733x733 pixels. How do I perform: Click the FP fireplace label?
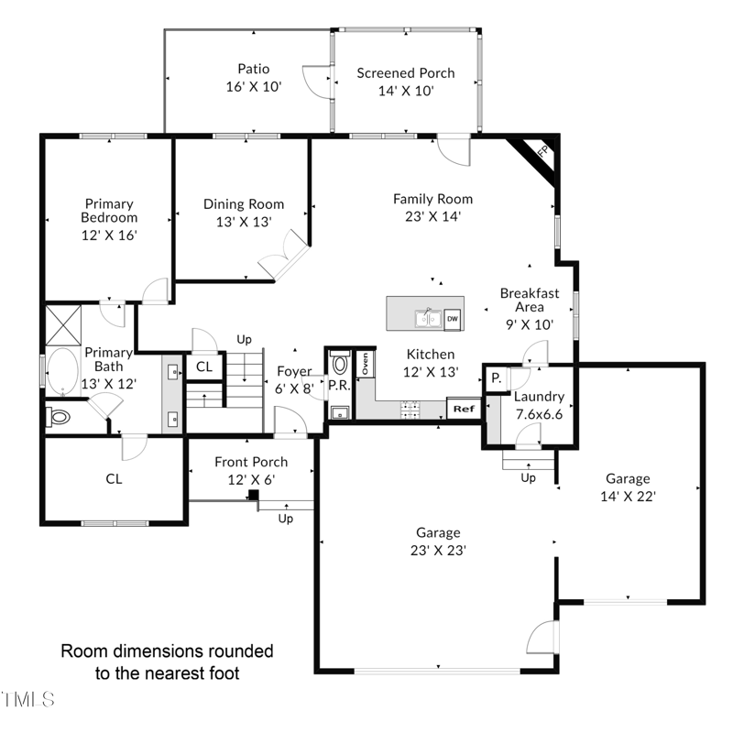(x=542, y=151)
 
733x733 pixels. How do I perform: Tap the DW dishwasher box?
(x=452, y=319)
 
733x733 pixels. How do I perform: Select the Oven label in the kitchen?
(x=365, y=363)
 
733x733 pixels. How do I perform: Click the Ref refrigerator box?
(x=464, y=409)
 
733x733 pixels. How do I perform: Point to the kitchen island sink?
(x=428, y=319)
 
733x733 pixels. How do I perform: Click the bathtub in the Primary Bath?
(x=62, y=371)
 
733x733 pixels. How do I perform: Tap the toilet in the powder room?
(x=340, y=362)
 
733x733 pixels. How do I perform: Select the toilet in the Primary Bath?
(x=58, y=417)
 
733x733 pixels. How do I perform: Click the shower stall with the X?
(x=63, y=325)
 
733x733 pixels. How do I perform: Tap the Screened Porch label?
(x=406, y=73)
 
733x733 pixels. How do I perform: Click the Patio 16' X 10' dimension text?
(x=254, y=86)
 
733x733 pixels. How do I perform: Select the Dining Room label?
(x=244, y=204)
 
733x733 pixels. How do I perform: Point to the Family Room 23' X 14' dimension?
(x=432, y=216)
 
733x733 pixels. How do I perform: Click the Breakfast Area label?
(x=530, y=301)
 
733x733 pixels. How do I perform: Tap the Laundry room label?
(x=539, y=397)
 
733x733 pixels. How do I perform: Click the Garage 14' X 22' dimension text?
(x=628, y=496)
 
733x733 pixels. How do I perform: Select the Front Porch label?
(x=251, y=462)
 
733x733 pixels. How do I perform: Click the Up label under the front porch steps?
(x=286, y=519)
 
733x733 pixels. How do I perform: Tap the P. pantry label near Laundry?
(x=496, y=377)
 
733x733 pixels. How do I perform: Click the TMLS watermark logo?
(x=28, y=699)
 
